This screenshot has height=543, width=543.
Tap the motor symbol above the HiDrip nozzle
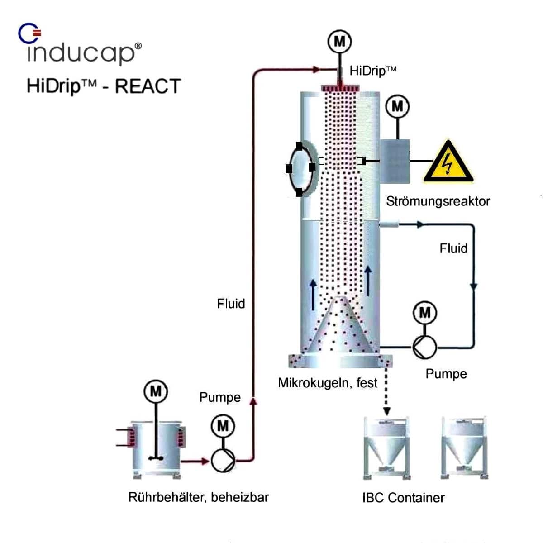[x=339, y=42]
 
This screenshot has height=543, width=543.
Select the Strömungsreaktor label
[x=438, y=201]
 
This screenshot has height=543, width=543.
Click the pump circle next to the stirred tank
[x=223, y=461]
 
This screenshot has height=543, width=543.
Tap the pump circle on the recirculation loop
[x=424, y=348]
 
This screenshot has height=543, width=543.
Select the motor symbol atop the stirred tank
[x=155, y=391]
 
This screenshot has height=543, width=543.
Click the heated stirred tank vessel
[x=155, y=448]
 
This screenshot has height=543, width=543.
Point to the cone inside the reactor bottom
[x=340, y=328]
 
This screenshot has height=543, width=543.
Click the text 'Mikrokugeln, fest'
[x=327, y=383]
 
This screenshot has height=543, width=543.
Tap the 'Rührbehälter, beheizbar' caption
[x=199, y=497]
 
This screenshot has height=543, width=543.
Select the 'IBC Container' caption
[x=403, y=498]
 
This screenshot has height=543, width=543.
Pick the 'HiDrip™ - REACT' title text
[x=104, y=86]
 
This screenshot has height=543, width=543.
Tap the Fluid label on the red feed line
[x=231, y=303]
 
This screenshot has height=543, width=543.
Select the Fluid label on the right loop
[x=453, y=248]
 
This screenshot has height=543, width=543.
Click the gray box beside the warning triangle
[x=395, y=161]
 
